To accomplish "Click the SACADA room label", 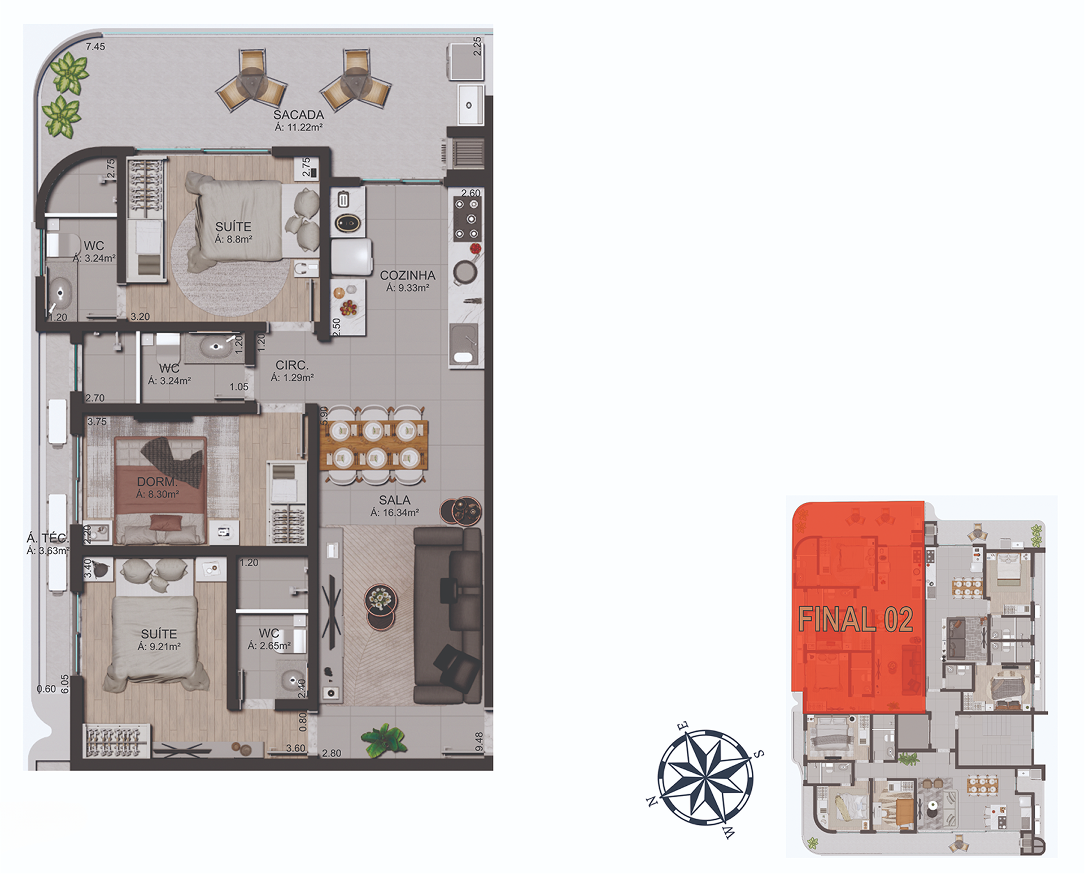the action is [298, 115].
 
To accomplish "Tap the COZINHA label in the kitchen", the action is [407, 276].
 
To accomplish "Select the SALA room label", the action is [394, 500].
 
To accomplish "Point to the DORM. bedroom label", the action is [157, 482].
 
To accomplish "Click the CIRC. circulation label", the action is [291, 366].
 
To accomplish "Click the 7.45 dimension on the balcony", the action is [95, 47].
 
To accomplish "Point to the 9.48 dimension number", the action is [479, 742].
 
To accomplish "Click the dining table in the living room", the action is [374, 445].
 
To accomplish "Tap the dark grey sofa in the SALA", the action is [448, 615].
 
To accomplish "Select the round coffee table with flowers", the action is [380, 600].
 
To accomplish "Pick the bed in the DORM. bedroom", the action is [159, 489].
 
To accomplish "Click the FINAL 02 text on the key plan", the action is [855, 620].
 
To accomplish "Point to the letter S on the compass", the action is [760, 754].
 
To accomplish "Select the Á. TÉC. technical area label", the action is [47, 538].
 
